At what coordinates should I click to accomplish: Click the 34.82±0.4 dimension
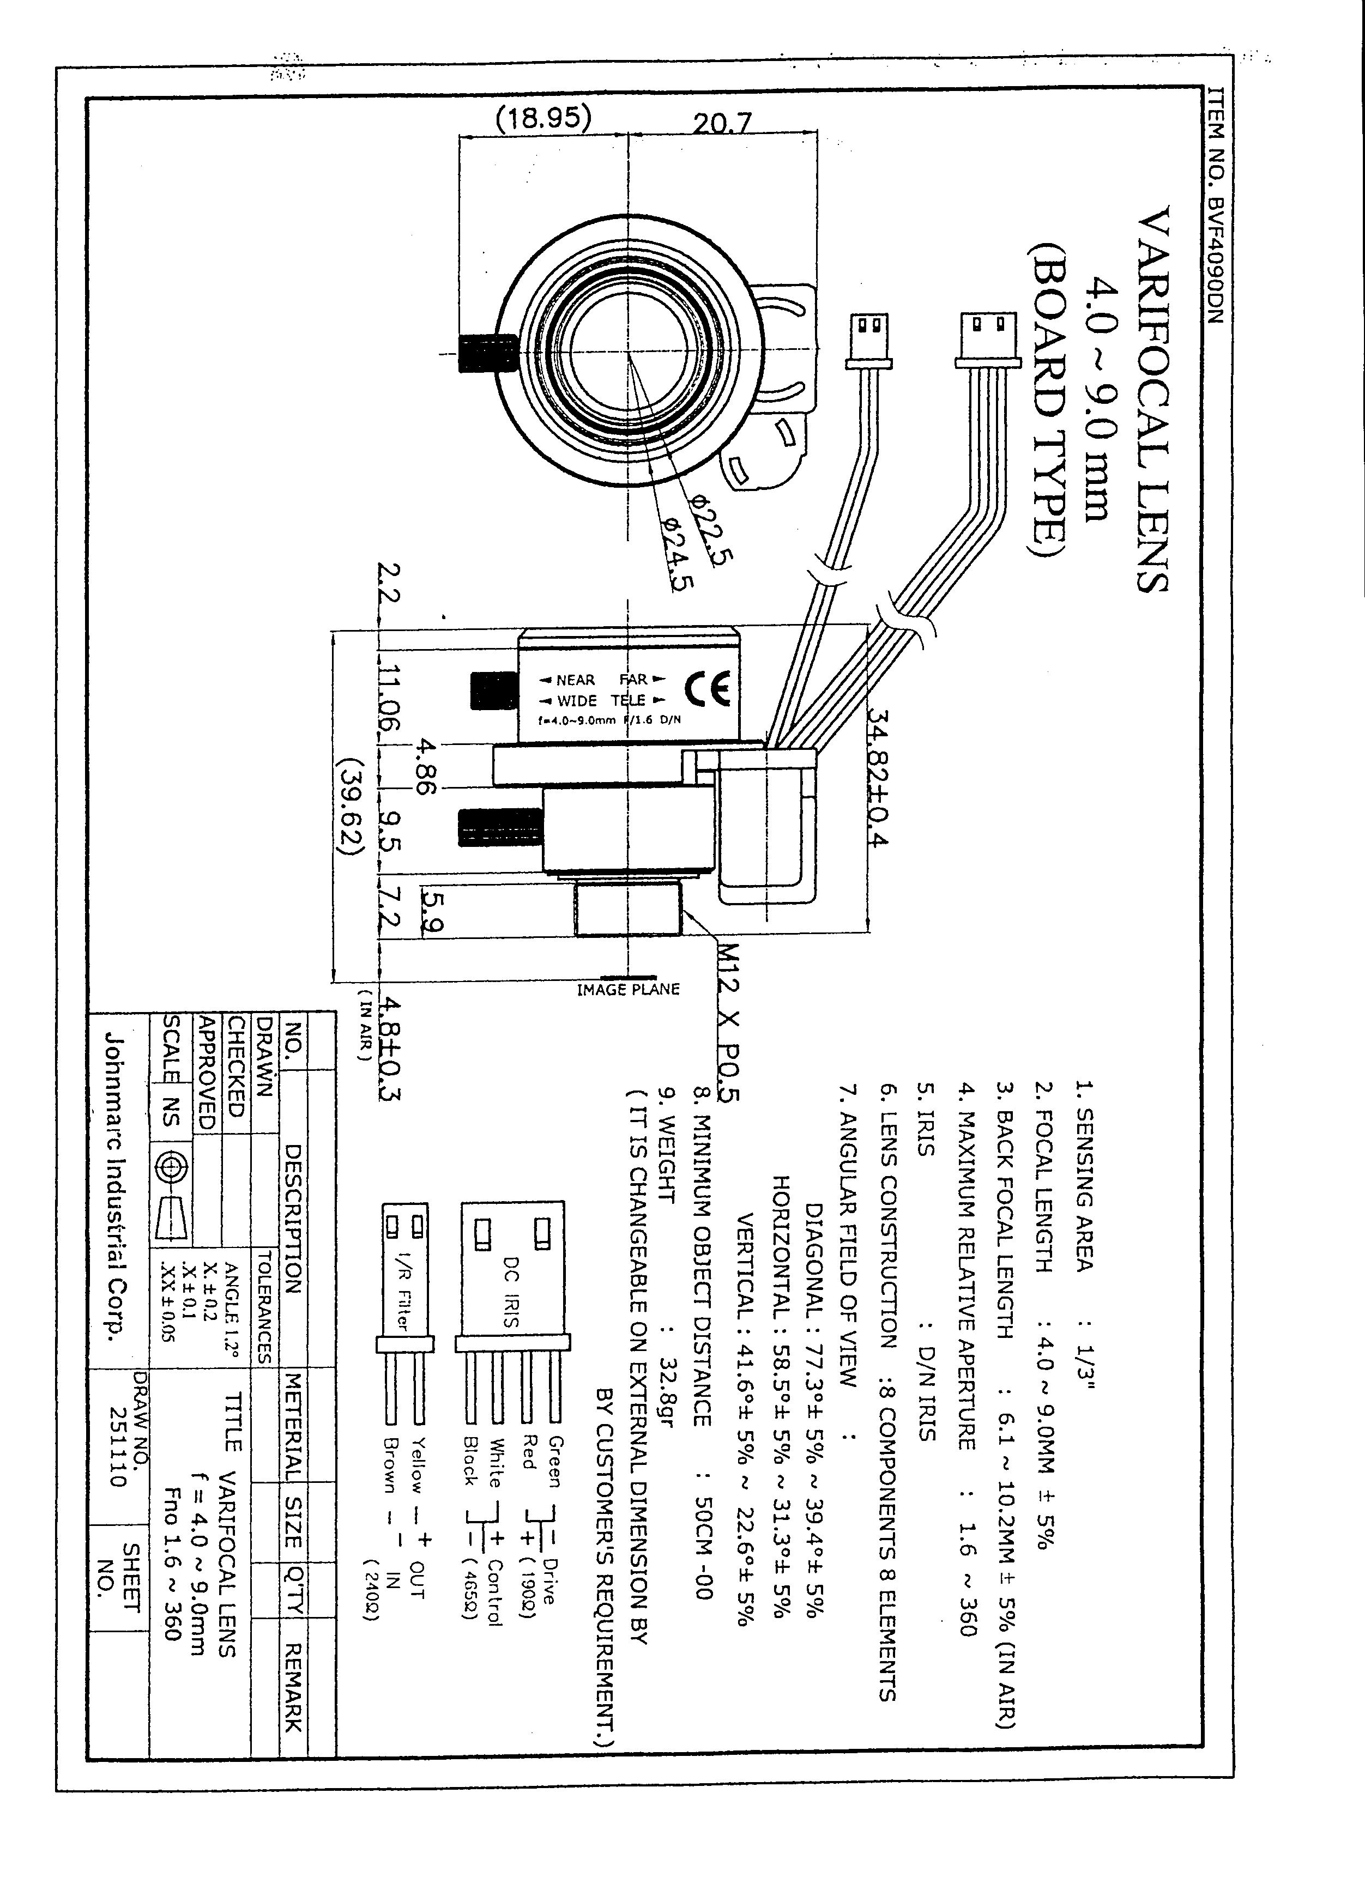click(878, 775)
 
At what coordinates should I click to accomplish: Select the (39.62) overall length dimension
click(350, 806)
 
